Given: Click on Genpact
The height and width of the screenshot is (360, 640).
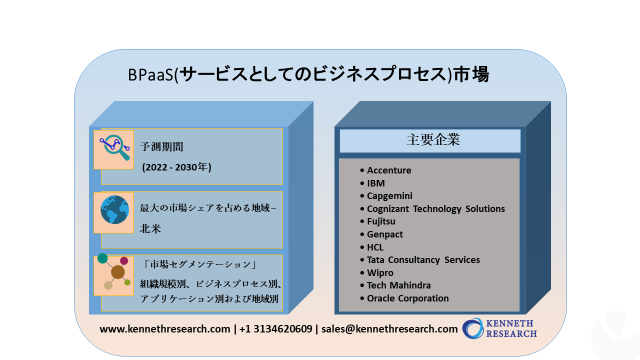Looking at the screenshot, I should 387,234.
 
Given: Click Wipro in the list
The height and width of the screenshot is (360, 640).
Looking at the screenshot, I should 381,273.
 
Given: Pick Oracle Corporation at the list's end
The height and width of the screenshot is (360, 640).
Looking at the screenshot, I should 407,298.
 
